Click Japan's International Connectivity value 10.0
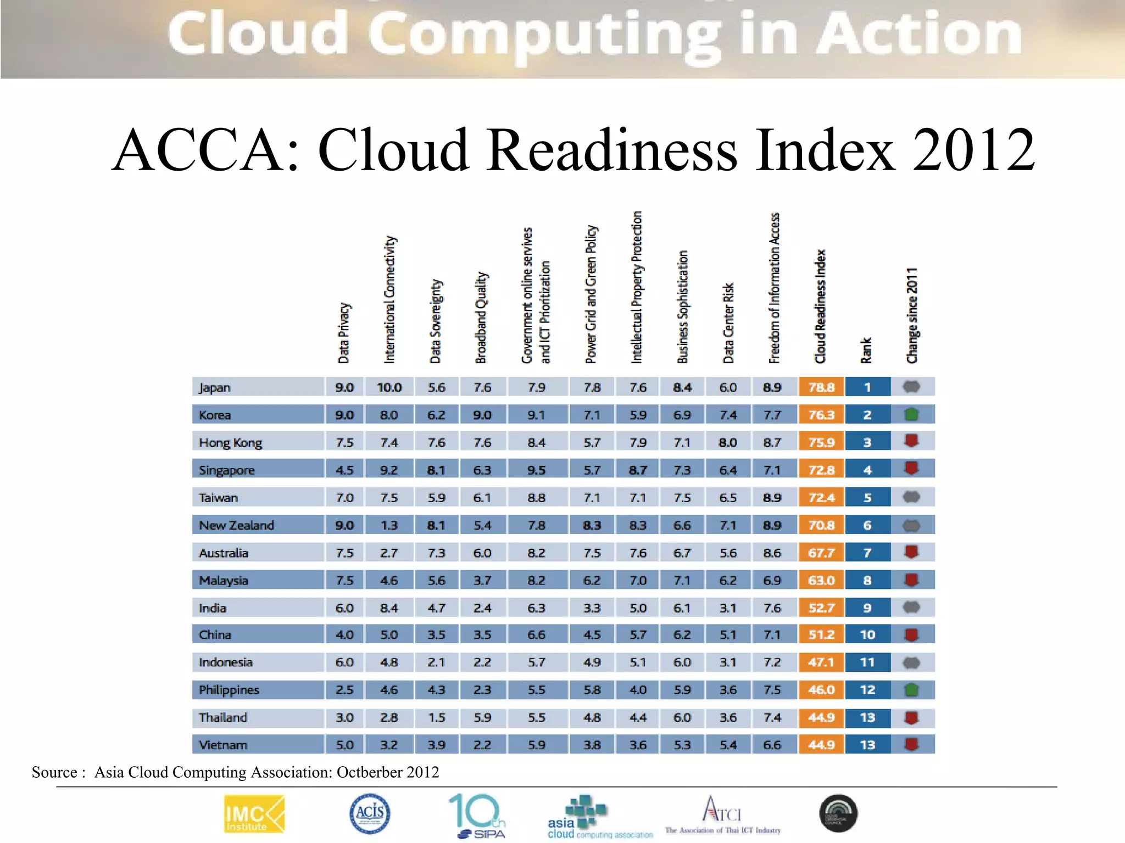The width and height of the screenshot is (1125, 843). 389,387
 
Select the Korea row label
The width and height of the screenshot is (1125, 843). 215,415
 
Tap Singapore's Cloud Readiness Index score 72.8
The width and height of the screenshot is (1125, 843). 821,470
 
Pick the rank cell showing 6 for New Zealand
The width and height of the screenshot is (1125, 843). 867,525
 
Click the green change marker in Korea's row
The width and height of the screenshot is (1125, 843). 911,414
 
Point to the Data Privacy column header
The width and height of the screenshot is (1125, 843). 344,333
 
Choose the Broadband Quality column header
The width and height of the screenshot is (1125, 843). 481,317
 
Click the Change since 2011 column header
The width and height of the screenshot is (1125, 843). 912,315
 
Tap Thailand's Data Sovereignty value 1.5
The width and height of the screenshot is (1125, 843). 436,718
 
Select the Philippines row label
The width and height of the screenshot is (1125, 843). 229,690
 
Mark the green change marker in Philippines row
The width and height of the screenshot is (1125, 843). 911,690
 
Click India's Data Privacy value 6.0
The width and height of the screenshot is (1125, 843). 344,608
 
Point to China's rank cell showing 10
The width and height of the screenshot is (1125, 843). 867,635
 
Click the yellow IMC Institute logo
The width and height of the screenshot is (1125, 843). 254,814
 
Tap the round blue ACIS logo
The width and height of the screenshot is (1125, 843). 370,813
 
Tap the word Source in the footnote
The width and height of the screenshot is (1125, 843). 54,772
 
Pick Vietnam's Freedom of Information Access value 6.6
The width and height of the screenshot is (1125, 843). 772,745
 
